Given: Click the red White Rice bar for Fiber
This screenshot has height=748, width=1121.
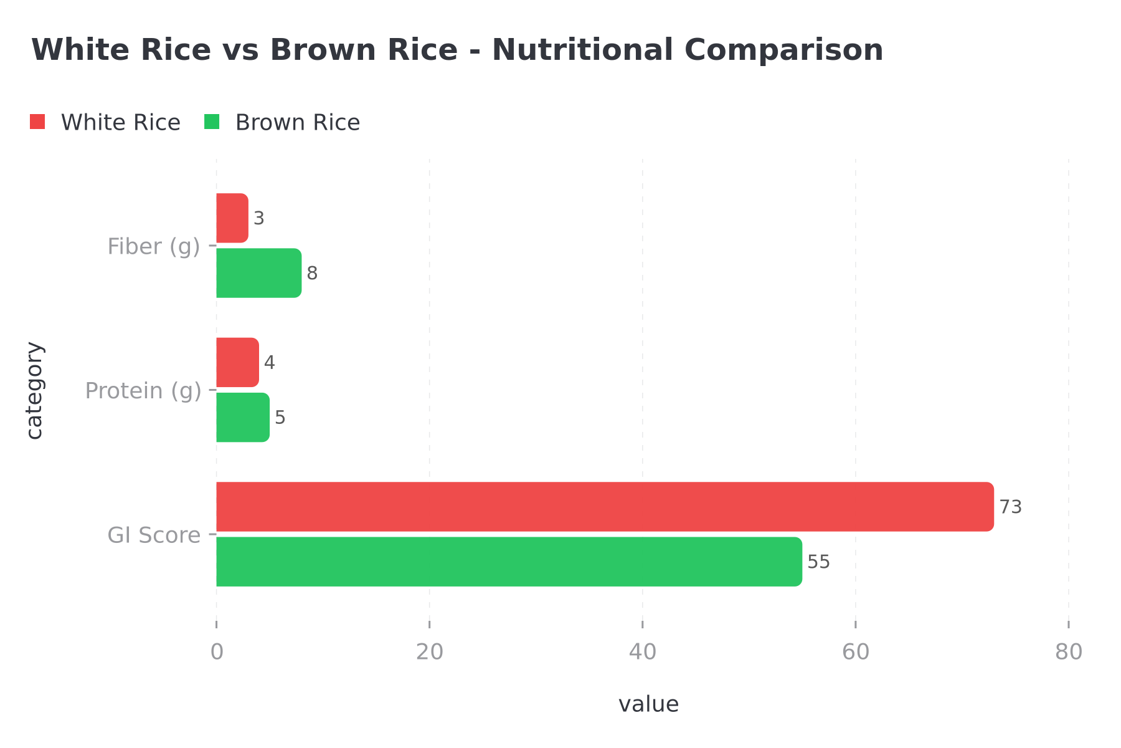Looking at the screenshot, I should pos(232,218).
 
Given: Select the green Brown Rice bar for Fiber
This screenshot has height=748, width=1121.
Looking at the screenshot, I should pos(258,273).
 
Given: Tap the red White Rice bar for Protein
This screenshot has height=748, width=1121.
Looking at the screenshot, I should pos(237,362).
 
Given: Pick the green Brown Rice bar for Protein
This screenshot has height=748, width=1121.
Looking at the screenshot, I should pos(243,417).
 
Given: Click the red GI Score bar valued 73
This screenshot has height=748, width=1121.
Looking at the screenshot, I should pos(604,507).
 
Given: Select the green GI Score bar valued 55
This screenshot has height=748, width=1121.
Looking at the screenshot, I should pos(509,562).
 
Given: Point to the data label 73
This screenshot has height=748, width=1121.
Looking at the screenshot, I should pos(1010,507).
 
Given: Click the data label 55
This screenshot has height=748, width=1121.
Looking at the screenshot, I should pos(818,562).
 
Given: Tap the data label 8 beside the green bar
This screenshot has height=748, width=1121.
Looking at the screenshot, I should pos(312,273).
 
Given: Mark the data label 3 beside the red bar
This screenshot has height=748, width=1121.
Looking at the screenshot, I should pos(259,219).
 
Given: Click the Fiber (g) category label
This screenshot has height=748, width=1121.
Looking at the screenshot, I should pos(153,247).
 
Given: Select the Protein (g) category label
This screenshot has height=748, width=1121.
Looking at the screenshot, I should pos(143,391).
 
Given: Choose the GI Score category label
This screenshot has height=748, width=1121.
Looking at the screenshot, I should pos(154,535).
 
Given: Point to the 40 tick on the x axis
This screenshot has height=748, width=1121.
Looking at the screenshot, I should pos(642,652).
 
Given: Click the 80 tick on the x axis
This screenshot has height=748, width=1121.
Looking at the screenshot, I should pos(1069,652).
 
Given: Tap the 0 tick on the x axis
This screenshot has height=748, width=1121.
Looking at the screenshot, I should pos(217,652).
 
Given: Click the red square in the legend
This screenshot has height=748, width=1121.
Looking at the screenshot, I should pos(37,122).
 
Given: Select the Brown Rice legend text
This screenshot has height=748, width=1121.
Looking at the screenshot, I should pos(297,123).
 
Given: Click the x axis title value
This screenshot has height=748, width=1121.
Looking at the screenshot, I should pos(648,704).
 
